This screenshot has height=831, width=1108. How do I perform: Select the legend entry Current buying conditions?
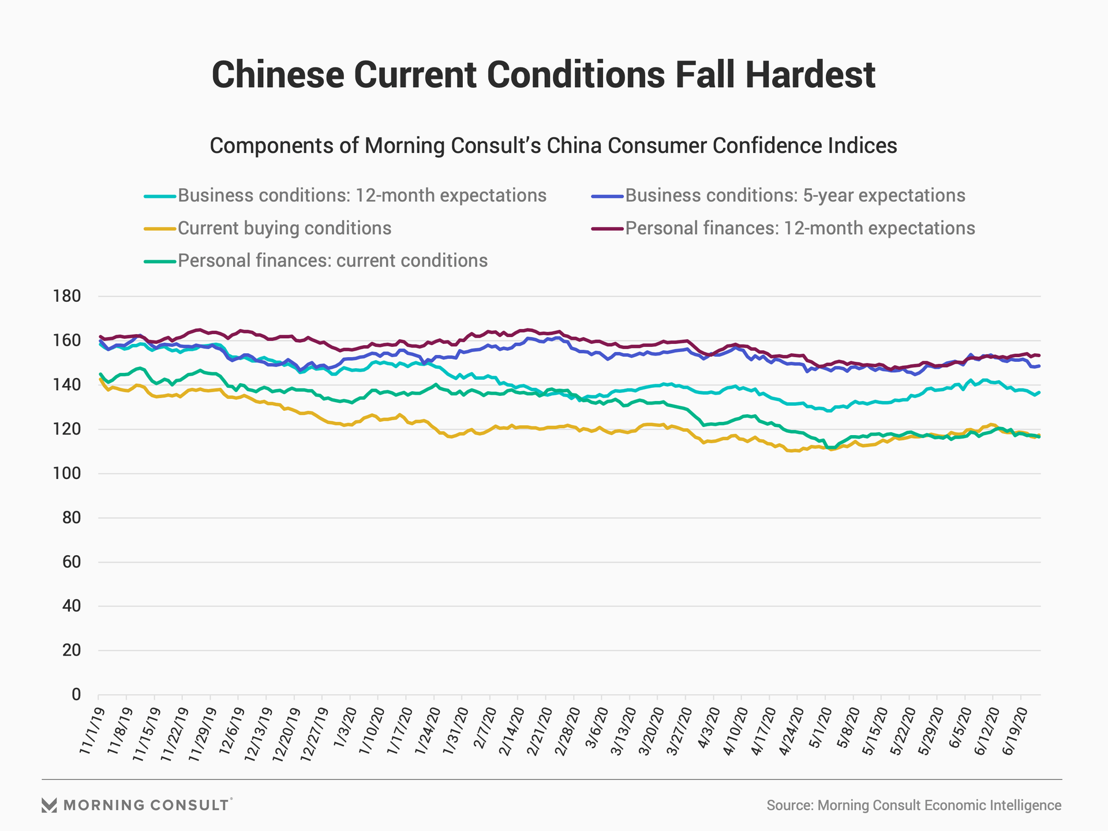(x=285, y=229)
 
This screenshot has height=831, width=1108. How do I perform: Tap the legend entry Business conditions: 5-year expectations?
(x=795, y=196)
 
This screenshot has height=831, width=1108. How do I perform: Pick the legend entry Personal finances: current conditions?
(x=332, y=261)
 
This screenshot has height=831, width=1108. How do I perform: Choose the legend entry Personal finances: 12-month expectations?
(x=800, y=229)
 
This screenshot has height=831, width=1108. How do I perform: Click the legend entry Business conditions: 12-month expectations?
(x=362, y=196)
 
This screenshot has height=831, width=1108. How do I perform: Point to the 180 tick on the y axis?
(x=67, y=297)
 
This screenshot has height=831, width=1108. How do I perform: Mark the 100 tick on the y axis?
(x=67, y=474)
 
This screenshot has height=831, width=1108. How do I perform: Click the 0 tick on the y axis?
(x=76, y=695)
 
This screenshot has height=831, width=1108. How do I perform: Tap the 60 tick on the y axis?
(x=71, y=562)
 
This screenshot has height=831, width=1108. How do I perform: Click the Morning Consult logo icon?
(x=49, y=805)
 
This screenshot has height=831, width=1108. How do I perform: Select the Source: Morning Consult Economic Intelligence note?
(x=914, y=806)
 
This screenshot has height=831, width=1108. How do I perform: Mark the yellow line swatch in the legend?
(x=159, y=229)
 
